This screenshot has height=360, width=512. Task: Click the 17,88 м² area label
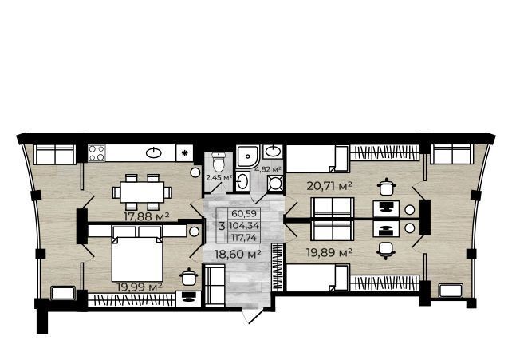point(146,216)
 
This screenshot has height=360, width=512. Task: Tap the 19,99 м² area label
point(140,287)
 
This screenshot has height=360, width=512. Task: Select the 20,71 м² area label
point(329,186)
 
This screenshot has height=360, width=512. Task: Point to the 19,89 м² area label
point(329,252)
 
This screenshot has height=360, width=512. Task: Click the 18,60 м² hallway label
point(238,254)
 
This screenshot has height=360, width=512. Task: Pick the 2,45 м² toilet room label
point(219,178)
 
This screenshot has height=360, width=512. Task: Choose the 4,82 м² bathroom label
point(268,169)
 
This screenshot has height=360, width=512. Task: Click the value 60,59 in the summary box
point(244,214)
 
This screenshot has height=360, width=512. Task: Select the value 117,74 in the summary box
point(244,237)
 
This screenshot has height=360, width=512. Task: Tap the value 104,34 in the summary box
point(244,225)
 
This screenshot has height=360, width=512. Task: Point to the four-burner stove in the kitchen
point(96,153)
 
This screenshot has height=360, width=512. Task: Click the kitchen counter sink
point(153,153)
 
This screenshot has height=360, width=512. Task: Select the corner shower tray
point(248,156)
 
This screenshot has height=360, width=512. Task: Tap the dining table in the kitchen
point(142,192)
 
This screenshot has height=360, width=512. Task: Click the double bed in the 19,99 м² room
point(137,254)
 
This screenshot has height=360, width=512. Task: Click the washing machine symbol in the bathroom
point(275,183)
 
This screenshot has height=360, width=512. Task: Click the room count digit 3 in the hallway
point(222,226)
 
